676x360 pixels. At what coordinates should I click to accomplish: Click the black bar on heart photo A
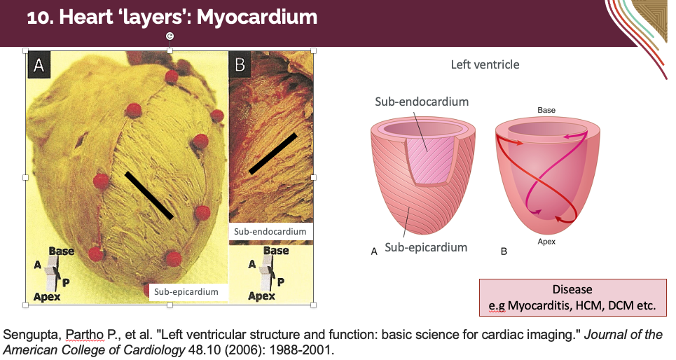[149, 195]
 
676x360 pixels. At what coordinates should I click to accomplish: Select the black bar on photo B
[273, 153]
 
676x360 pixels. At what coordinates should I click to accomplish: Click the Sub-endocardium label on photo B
[270, 231]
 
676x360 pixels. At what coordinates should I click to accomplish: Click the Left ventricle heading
[485, 64]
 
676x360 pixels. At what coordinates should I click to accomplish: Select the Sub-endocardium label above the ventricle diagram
[422, 102]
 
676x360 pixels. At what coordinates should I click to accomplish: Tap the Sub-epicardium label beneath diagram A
[426, 247]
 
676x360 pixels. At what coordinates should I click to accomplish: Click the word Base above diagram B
[546, 111]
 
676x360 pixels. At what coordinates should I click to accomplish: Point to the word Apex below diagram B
[546, 242]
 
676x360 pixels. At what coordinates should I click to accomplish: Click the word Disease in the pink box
[572, 289]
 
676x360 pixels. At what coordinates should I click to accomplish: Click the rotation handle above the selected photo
[170, 36]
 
